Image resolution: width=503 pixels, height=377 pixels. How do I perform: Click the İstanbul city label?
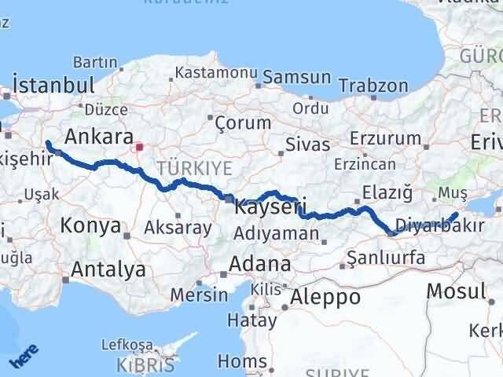click(x=53, y=85)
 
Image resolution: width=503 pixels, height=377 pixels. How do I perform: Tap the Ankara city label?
click(x=97, y=137)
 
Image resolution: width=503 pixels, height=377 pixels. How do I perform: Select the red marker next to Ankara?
click(x=140, y=146)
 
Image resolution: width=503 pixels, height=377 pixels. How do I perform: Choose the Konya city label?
click(x=90, y=227)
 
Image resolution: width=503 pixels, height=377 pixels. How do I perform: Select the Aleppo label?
click(x=325, y=297)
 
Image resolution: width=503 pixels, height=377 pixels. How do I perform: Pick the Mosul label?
click(x=455, y=291)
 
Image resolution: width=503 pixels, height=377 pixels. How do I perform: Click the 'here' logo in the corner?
click(x=21, y=358)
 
